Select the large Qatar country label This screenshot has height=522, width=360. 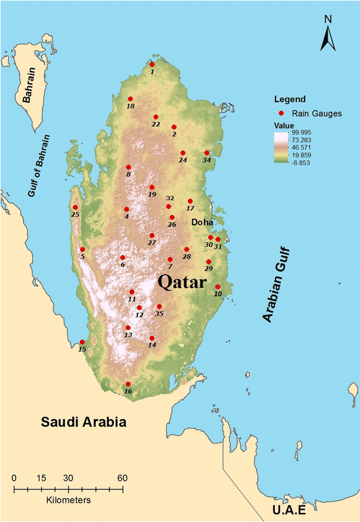point(183,281)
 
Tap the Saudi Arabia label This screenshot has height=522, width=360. point(84,422)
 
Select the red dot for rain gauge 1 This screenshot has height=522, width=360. point(152,64)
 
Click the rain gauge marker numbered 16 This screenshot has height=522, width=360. point(128,384)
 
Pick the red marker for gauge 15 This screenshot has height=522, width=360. point(82,342)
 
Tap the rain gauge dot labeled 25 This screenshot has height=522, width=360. point(76,207)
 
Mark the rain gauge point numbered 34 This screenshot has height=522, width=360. point(206,152)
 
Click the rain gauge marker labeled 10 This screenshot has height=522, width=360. point(218,286)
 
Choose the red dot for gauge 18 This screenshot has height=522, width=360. point(130,99)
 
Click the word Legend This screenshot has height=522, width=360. point(290,99)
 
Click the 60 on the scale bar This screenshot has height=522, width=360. point(122,478)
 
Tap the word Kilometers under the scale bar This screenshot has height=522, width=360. point(68,500)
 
